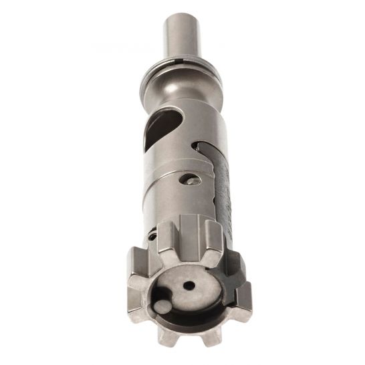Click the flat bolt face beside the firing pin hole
(201, 294)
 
